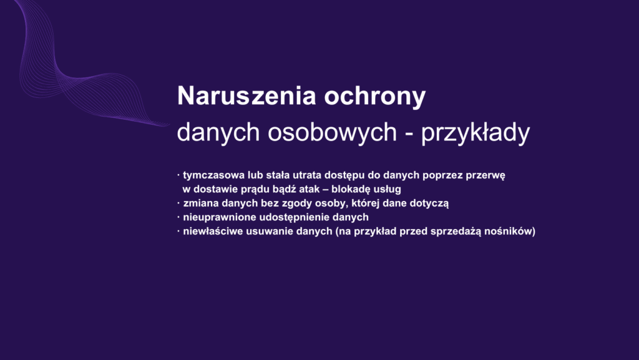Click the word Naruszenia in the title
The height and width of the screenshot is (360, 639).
coord(246,95)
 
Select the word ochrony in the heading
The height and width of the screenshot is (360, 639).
coord(374,97)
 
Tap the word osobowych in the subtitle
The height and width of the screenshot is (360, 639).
coord(332,132)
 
